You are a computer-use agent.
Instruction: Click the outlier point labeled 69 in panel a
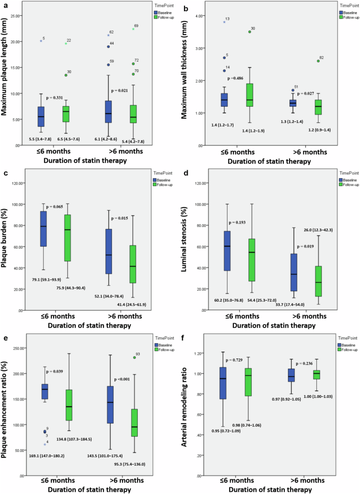click(133, 29)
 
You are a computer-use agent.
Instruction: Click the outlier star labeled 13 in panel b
click(224, 22)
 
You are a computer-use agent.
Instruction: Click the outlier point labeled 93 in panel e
click(134, 357)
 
